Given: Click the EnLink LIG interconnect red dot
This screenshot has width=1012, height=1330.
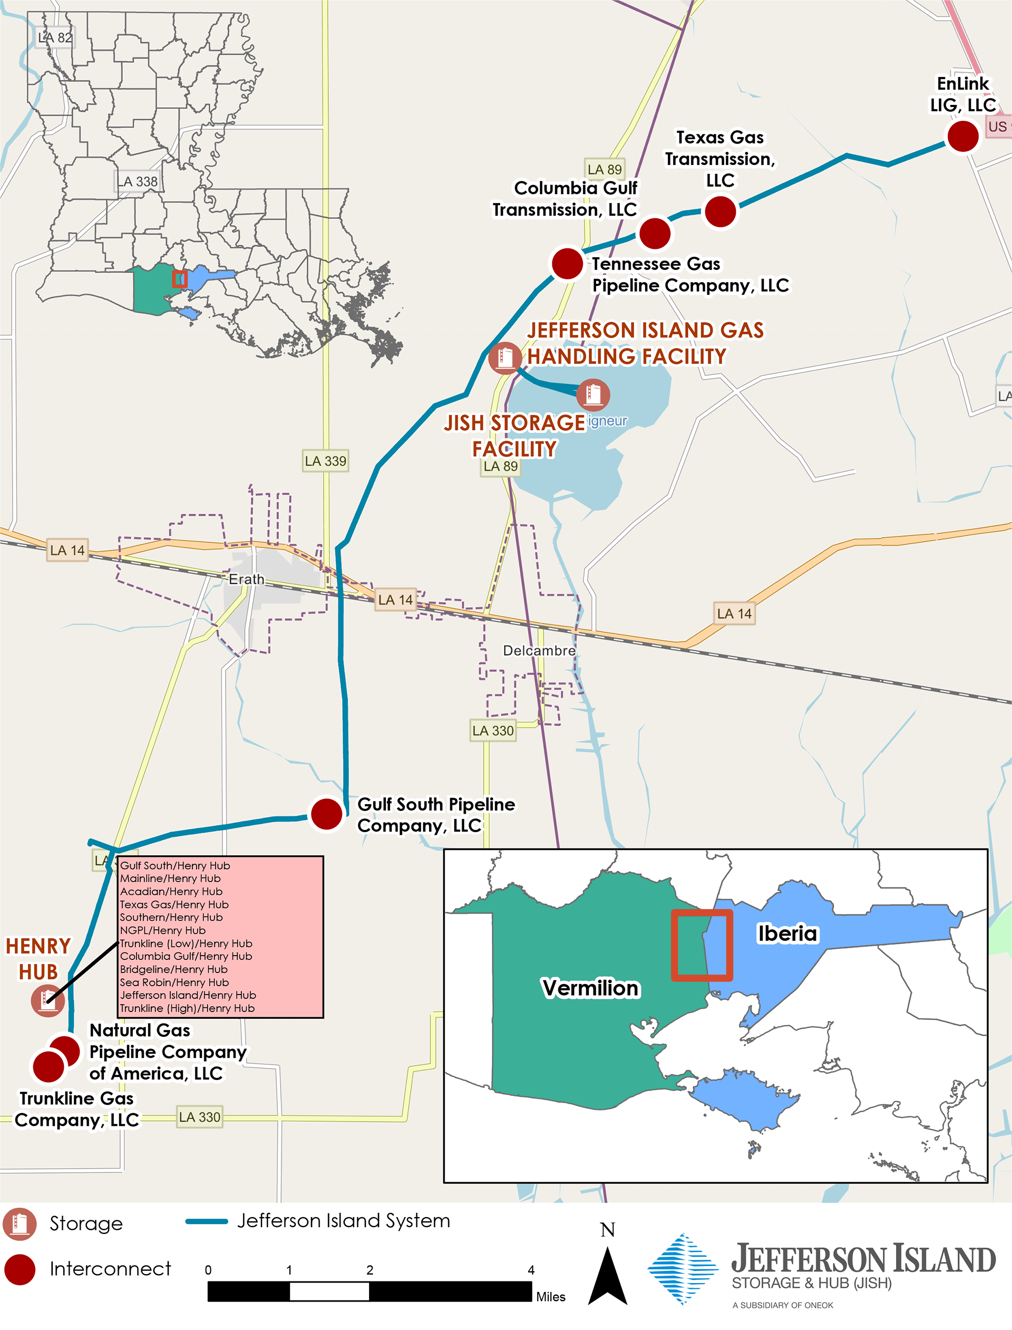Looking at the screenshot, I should click(x=962, y=136).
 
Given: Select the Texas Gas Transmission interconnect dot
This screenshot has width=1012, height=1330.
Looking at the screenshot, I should click(x=720, y=211).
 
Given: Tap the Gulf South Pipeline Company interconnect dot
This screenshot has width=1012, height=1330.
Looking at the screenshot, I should click(x=326, y=814).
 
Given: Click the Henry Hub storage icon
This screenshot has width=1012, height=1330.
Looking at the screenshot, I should click(x=47, y=1001).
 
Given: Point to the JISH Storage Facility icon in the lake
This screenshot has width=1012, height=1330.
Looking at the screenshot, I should click(x=593, y=394).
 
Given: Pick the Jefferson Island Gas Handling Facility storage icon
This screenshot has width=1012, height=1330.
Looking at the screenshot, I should click(x=505, y=358).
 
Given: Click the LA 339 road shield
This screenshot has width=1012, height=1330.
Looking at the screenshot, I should click(x=325, y=461).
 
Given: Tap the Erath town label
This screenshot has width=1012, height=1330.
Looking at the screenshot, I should click(x=246, y=579).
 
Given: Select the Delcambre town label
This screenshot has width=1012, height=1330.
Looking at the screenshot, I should click(x=539, y=651).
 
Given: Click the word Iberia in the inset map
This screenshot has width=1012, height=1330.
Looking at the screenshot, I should click(x=787, y=933).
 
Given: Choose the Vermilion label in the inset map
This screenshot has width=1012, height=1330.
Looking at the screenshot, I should click(x=590, y=988).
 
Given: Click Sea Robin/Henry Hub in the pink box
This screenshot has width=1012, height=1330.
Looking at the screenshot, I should click(x=174, y=982).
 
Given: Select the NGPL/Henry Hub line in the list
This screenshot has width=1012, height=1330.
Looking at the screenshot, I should click(x=163, y=930).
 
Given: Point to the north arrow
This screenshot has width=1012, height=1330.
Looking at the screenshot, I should click(x=607, y=1271).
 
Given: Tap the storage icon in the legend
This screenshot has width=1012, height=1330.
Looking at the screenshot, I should click(x=20, y=1224).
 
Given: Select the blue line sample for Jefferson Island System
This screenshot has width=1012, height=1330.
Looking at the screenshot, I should click(x=207, y=1221).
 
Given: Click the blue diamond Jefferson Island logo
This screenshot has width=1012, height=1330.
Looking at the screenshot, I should click(x=683, y=1268).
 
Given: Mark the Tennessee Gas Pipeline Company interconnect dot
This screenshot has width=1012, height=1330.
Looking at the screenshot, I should click(x=567, y=263).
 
